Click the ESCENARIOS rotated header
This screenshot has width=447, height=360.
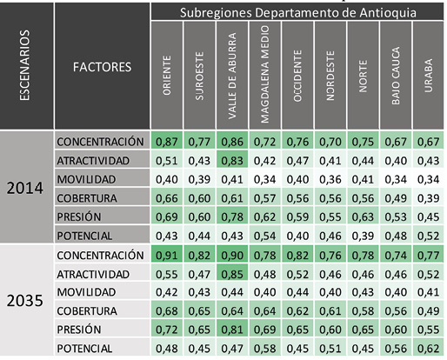pyautogui.click(x=25, y=65)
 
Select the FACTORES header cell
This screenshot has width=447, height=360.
pyautogui.click(x=102, y=66)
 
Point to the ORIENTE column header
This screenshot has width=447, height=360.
pyautogui.click(x=166, y=77)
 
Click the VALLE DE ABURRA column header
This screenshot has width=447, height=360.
pyautogui.click(x=232, y=77)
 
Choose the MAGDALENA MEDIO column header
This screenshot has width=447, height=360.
pyautogui.click(x=265, y=77)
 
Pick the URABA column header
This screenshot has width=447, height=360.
pyautogui.click(x=427, y=77)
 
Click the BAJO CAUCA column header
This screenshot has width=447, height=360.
pyautogui.click(x=395, y=77)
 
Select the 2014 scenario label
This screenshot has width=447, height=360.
pyautogui.click(x=25, y=189)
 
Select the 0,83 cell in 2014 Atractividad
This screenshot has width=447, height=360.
pyautogui.click(x=232, y=161)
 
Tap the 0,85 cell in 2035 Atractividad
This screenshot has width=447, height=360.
pyautogui.click(x=232, y=275)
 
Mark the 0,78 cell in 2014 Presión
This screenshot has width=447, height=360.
pyautogui.click(x=232, y=217)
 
